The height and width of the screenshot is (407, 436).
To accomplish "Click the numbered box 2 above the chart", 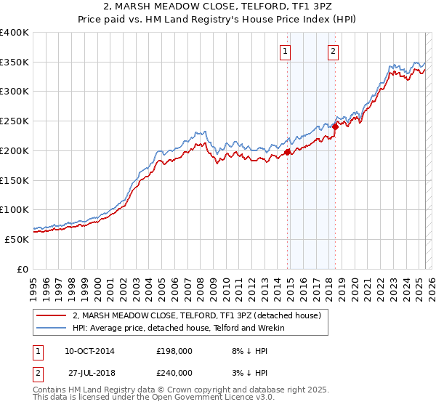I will pyautogui.click(x=332, y=51).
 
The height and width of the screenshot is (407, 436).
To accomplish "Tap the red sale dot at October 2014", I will pyautogui.click(x=288, y=152).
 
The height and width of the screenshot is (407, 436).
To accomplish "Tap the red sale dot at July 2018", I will pyautogui.click(x=335, y=126).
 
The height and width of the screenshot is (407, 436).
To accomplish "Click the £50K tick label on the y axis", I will pyautogui.click(x=17, y=239).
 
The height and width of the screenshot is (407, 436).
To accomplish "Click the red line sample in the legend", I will pyautogui.click(x=52, y=315).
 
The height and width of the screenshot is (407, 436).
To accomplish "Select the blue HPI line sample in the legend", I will pyautogui.click(x=52, y=328).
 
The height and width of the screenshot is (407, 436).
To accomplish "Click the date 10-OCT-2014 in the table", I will pyautogui.click(x=89, y=351).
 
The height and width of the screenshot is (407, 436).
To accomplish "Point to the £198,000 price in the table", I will pyautogui.click(x=174, y=351).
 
